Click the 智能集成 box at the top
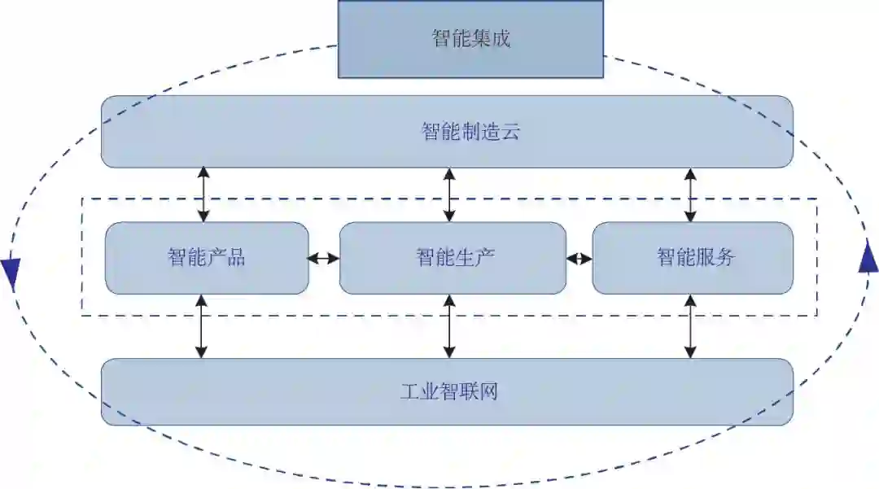pyautogui.click(x=470, y=39)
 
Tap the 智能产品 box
pyautogui.click(x=207, y=258)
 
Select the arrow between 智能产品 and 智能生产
pyautogui.click(x=324, y=259)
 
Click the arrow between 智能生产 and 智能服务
pyautogui.click(x=579, y=259)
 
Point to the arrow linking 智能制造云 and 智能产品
pyautogui.click(x=203, y=195)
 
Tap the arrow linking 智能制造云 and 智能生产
pyautogui.click(x=448, y=195)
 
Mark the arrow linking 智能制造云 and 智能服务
pyautogui.click(x=690, y=195)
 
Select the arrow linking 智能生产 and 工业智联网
pyautogui.click(x=448, y=326)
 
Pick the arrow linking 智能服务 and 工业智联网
pyautogui.click(x=690, y=326)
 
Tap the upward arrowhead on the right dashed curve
pyautogui.click(x=868, y=259)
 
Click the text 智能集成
pyautogui.click(x=470, y=39)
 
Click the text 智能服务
pyautogui.click(x=696, y=258)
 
